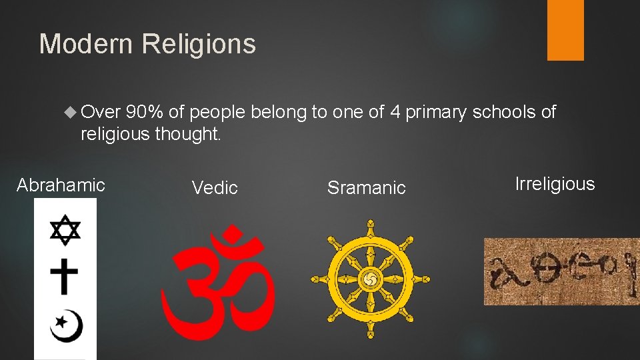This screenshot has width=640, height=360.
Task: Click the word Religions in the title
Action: pyautogui.click(x=199, y=45)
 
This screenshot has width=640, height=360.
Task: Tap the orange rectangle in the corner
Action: pyautogui.click(x=565, y=30)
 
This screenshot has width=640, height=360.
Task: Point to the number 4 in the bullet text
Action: pyautogui.click(x=395, y=112)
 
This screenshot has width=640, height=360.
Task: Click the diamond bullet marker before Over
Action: pyautogui.click(x=73, y=113)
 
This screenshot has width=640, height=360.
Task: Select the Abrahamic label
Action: pyautogui.click(x=61, y=185)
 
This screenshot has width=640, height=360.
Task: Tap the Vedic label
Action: pyautogui.click(x=215, y=188)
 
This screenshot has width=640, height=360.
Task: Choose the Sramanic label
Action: pyautogui.click(x=366, y=188)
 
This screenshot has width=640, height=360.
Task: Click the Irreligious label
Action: pyautogui.click(x=555, y=184)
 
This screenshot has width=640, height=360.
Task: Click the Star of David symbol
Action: pyautogui.click(x=65, y=229)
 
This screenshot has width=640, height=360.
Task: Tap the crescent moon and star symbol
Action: pyautogui.click(x=66, y=325)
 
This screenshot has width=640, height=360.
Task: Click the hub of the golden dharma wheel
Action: pyautogui.click(x=370, y=279)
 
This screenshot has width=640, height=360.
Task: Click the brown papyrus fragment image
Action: pyautogui.click(x=561, y=271)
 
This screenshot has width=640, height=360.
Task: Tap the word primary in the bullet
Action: pyautogui.click(x=436, y=112)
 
